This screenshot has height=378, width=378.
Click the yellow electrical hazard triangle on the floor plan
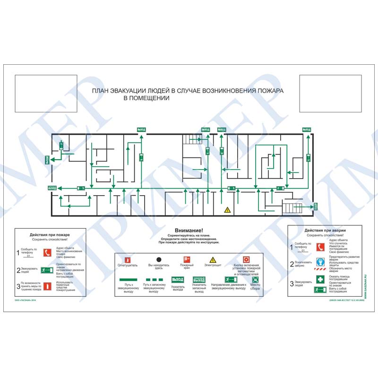point(227,209)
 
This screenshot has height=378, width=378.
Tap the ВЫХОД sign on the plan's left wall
point(46,160)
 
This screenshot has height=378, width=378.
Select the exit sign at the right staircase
point(315,206)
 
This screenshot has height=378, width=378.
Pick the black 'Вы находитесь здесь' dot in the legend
point(159,259)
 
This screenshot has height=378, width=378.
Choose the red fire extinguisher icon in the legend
point(127,259)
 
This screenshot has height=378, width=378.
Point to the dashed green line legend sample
point(153,280)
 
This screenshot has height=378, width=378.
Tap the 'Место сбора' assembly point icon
point(255,279)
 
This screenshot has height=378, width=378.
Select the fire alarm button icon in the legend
point(246,259)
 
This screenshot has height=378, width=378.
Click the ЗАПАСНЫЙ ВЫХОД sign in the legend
point(199,280)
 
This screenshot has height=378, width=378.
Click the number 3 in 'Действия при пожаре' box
point(18,286)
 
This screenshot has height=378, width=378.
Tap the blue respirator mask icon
point(320,261)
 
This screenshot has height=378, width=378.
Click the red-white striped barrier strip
point(320,270)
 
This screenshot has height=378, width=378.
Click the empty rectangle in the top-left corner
point(46,93)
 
